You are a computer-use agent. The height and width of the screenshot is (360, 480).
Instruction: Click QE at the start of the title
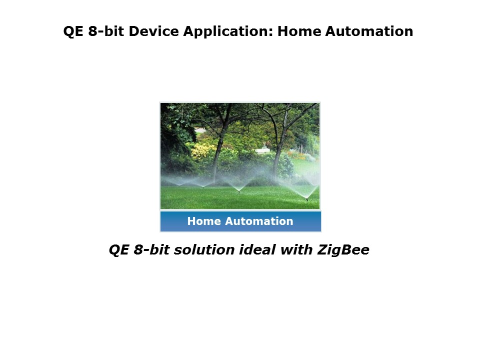(x=73, y=31)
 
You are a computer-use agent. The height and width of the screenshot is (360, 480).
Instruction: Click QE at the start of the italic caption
(x=119, y=250)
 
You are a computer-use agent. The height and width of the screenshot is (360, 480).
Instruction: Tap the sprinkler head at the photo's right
(x=306, y=198)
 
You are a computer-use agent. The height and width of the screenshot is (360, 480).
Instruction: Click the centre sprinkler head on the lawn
(x=238, y=191)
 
